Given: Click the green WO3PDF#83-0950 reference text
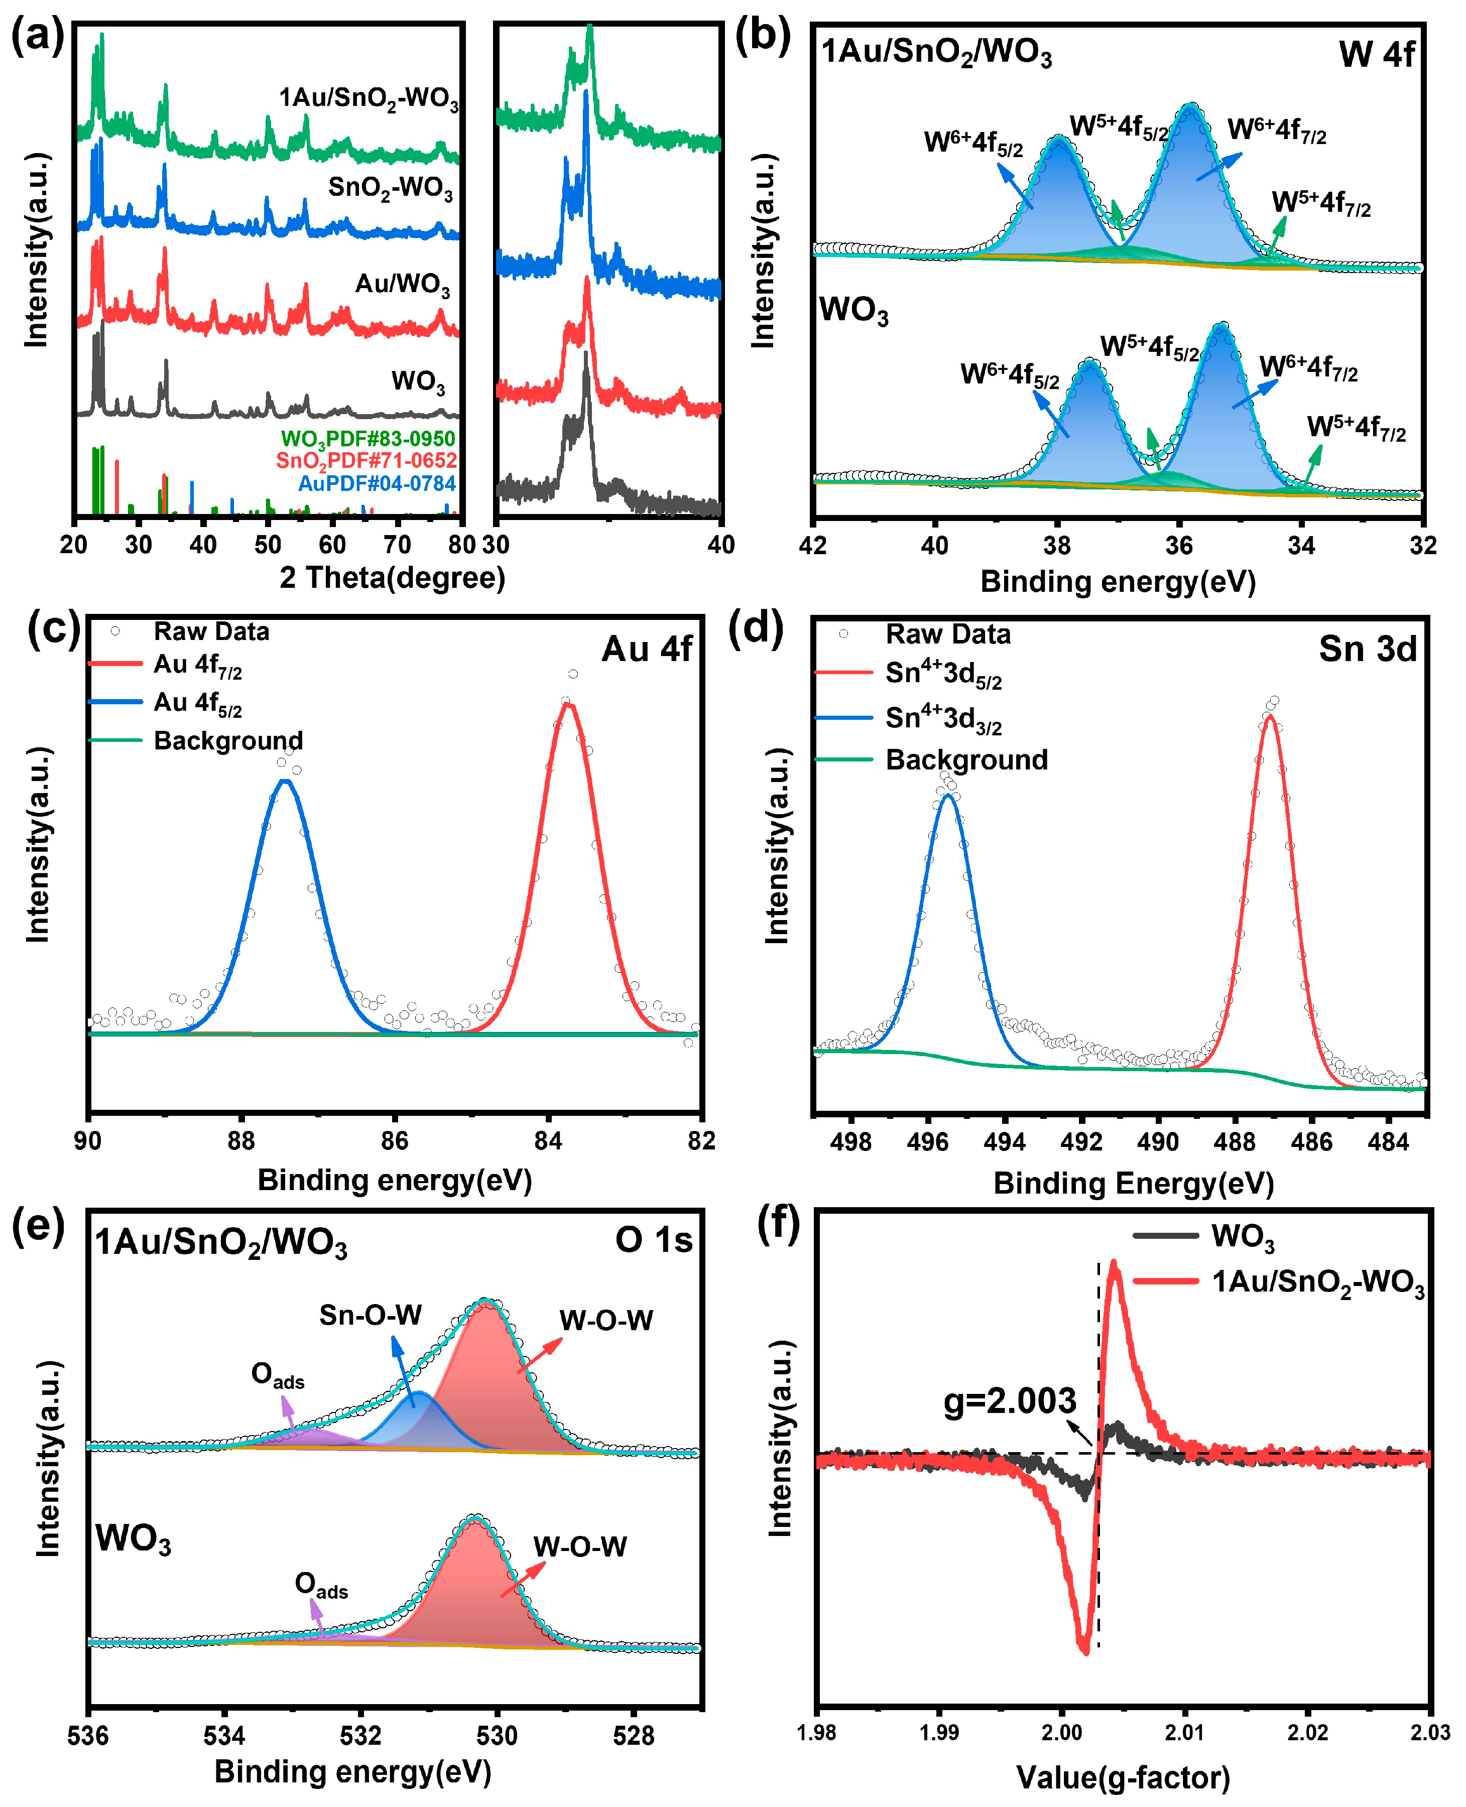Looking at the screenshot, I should point(368,439).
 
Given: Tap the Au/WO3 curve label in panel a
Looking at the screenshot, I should point(403,284).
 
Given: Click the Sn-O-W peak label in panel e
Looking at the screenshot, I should point(370,1315).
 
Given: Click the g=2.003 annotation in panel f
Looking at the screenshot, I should point(1009,1401).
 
